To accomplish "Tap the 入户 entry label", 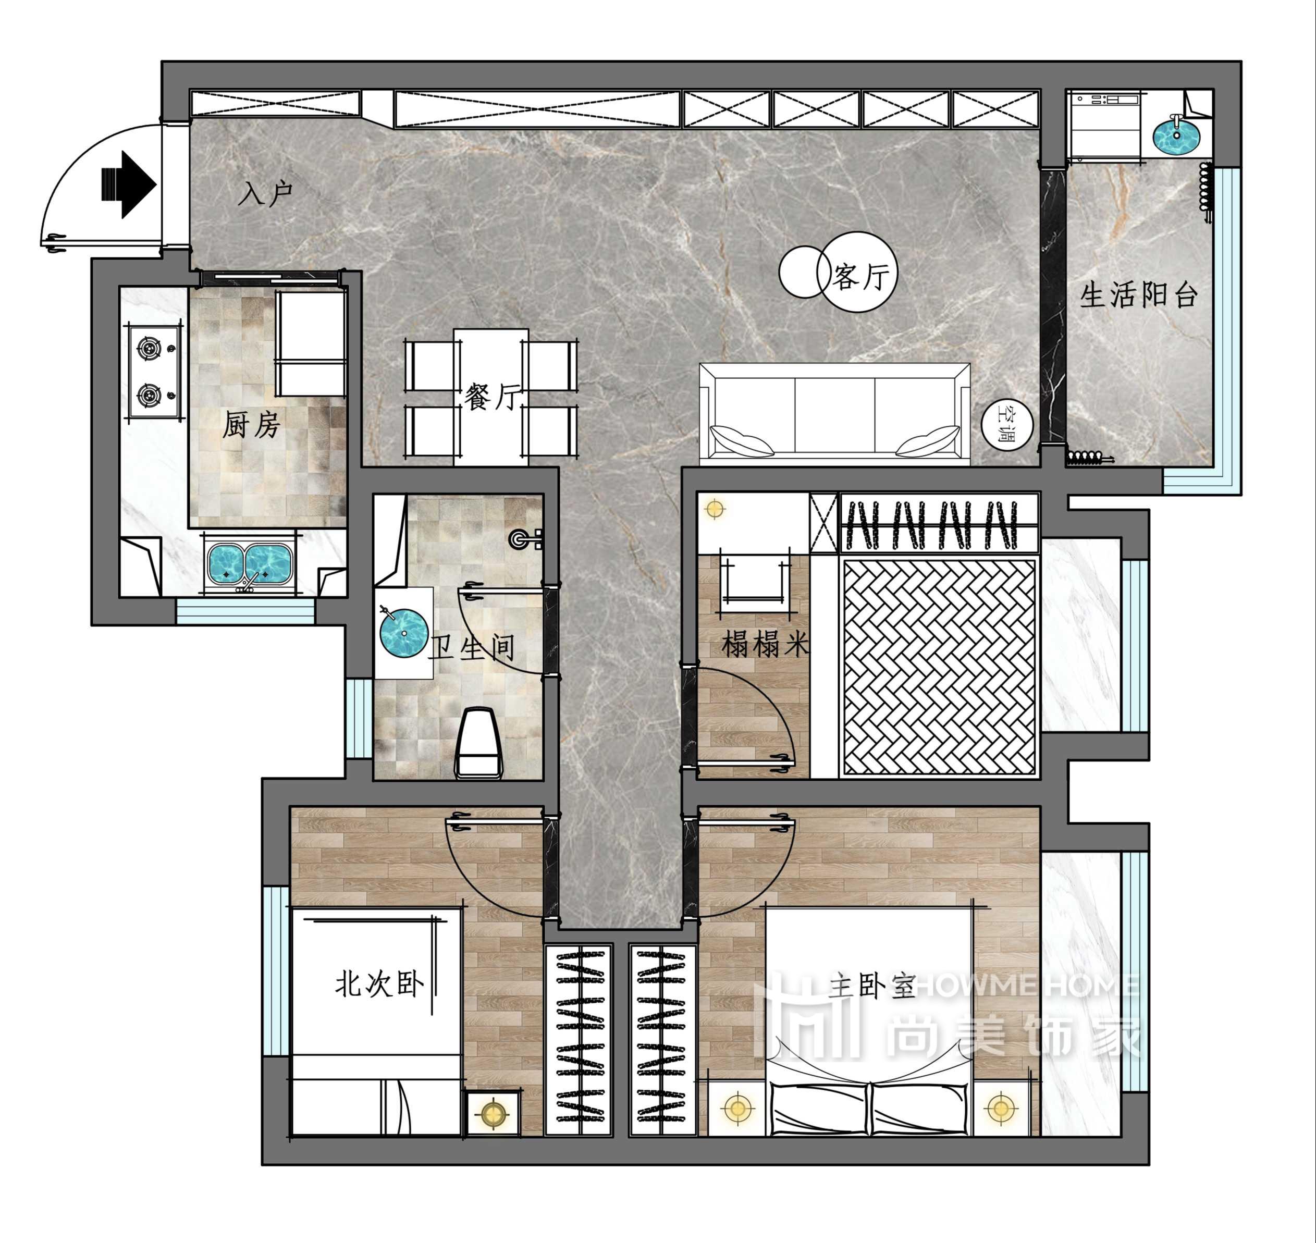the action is (x=266, y=193).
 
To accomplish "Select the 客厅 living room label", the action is (x=862, y=276).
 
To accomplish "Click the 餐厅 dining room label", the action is (x=493, y=396).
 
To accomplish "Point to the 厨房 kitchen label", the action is (x=251, y=424).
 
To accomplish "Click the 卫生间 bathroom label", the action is (x=472, y=647).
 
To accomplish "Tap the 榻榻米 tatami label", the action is (x=765, y=643).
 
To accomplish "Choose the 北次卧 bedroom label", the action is (x=378, y=984).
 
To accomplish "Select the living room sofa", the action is (x=835, y=410).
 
